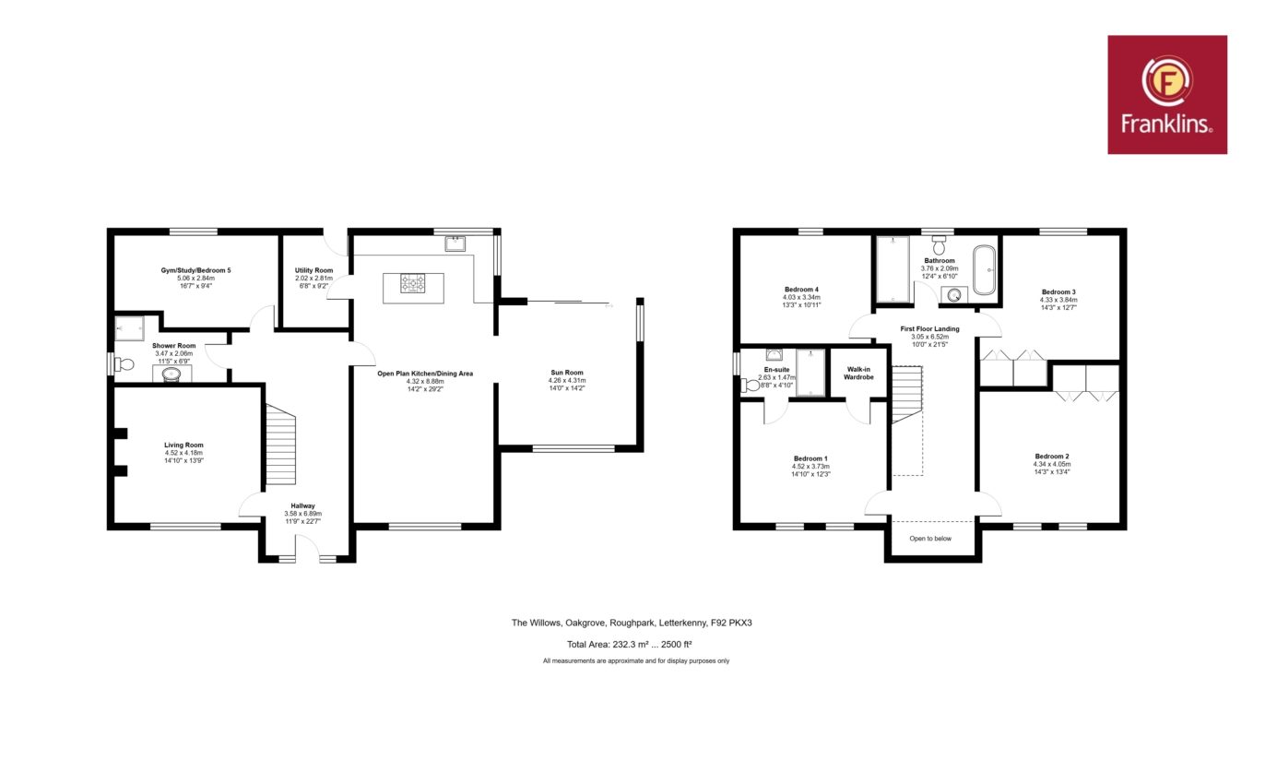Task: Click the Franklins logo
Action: (1167, 94)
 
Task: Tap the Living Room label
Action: (183, 445)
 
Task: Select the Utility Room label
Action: (314, 270)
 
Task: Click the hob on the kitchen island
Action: (413, 283)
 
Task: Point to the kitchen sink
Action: (455, 244)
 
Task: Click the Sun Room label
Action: (567, 373)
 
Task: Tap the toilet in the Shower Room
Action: (124, 365)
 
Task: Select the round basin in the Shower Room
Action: (171, 374)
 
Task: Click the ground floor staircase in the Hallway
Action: (280, 445)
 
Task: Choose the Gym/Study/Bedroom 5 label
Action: (196, 270)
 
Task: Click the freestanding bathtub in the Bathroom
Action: (985, 270)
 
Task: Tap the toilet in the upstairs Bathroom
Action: (940, 245)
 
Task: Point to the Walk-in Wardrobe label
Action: (858, 373)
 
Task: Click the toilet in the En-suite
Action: (751, 386)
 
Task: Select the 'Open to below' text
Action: (930, 539)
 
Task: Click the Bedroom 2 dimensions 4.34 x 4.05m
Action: (1052, 464)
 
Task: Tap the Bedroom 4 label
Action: (801, 290)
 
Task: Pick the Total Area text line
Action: (630, 645)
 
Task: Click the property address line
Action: (632, 623)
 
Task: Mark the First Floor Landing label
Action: (929, 328)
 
